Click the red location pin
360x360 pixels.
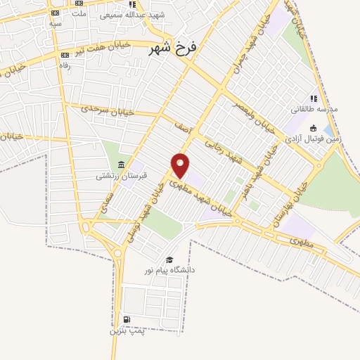click(x=181, y=165)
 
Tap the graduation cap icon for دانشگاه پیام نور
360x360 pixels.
click(x=169, y=260)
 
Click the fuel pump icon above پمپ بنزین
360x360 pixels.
click(x=127, y=320)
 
